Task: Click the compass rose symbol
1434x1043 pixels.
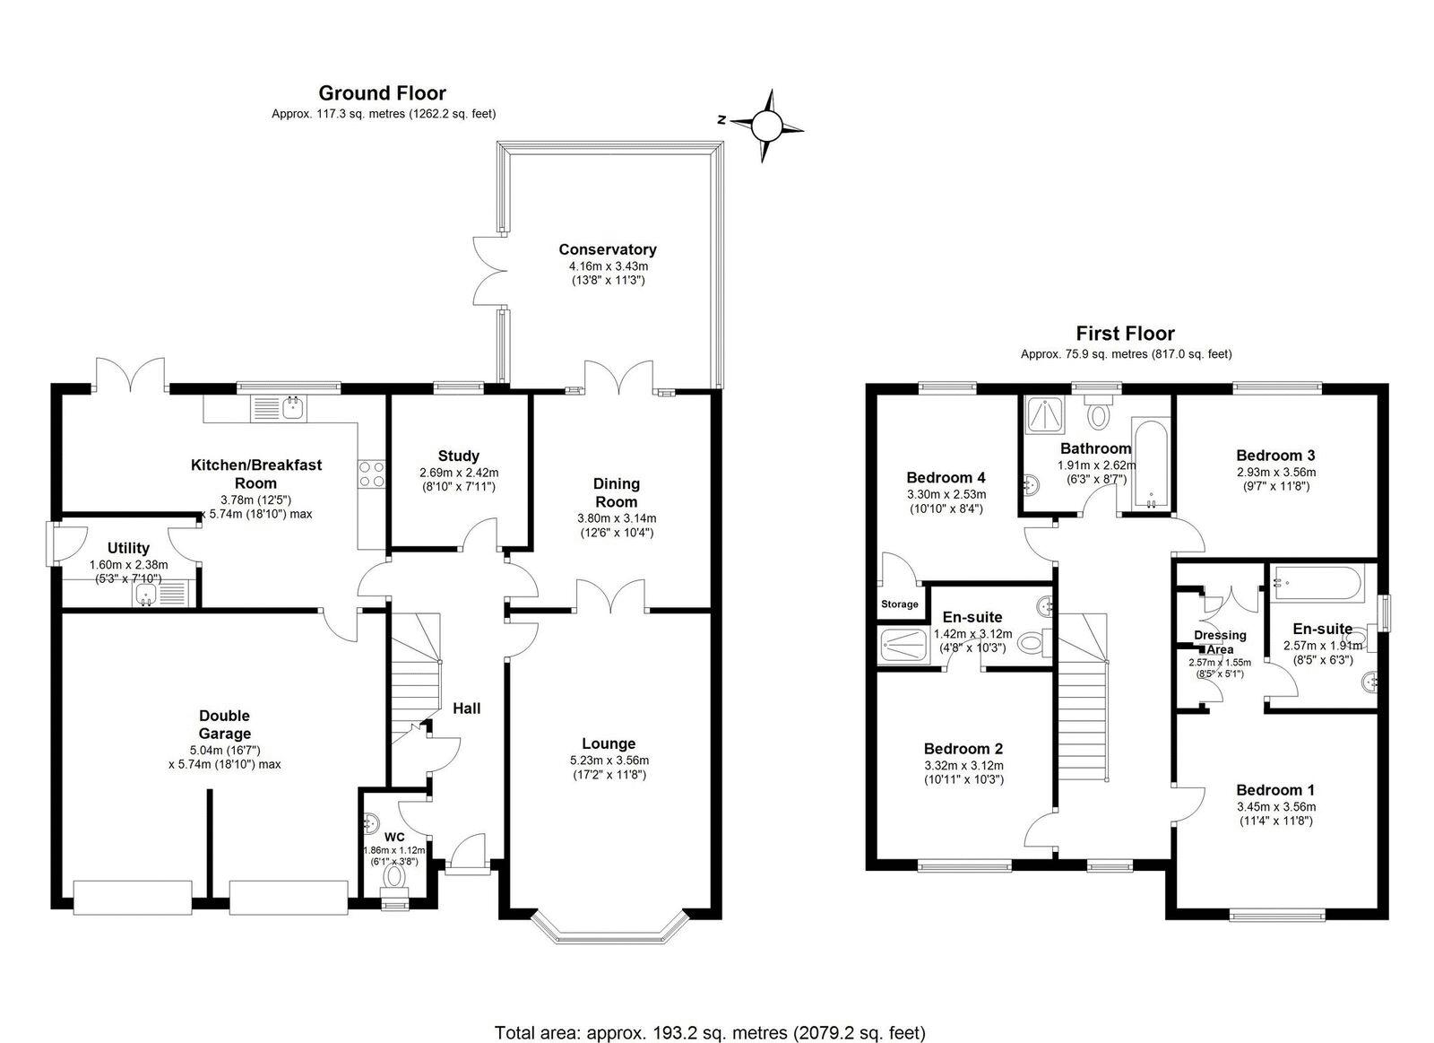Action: [x=766, y=126]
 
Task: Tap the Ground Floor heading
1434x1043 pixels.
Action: [x=382, y=93]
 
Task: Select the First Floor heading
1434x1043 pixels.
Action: [x=1126, y=334]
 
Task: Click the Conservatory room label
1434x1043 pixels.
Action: [x=608, y=249]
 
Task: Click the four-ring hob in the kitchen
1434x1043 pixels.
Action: [x=371, y=474]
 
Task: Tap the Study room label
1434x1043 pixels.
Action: [x=458, y=456]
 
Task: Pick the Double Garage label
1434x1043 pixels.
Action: [x=225, y=725]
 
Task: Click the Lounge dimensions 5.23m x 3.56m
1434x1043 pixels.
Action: [x=609, y=761]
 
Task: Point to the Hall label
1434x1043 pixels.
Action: [x=467, y=708]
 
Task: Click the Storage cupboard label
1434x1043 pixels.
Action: [x=900, y=604]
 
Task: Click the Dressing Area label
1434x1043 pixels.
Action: [x=1220, y=642]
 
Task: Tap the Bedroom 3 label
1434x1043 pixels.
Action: [x=1275, y=456]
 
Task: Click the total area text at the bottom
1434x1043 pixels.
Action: [x=710, y=1015]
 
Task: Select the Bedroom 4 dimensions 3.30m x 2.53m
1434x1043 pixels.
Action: [x=946, y=494]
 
